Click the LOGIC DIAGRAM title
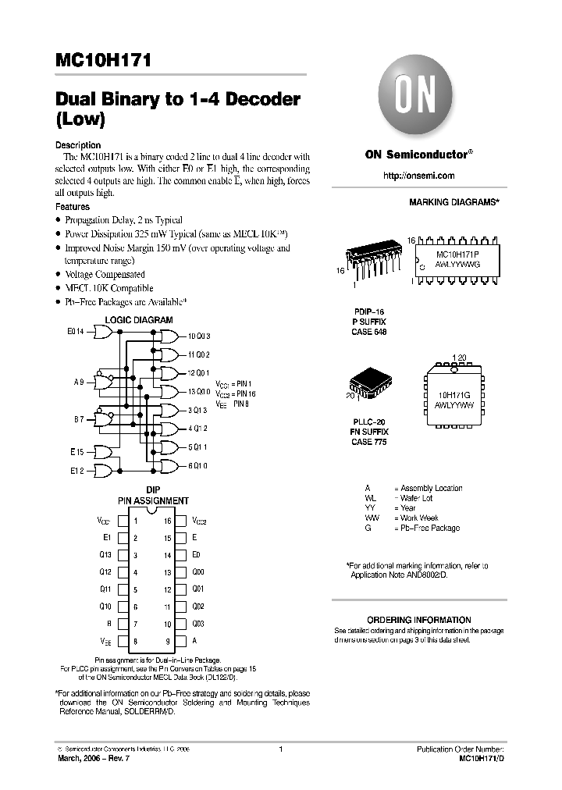click(x=139, y=320)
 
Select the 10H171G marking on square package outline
click(x=456, y=395)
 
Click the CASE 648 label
click(x=369, y=332)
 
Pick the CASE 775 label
click(x=369, y=442)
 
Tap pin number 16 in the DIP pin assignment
click(x=168, y=521)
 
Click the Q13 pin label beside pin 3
click(x=105, y=555)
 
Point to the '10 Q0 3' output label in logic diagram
click(x=198, y=336)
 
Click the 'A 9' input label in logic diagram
click(x=79, y=383)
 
